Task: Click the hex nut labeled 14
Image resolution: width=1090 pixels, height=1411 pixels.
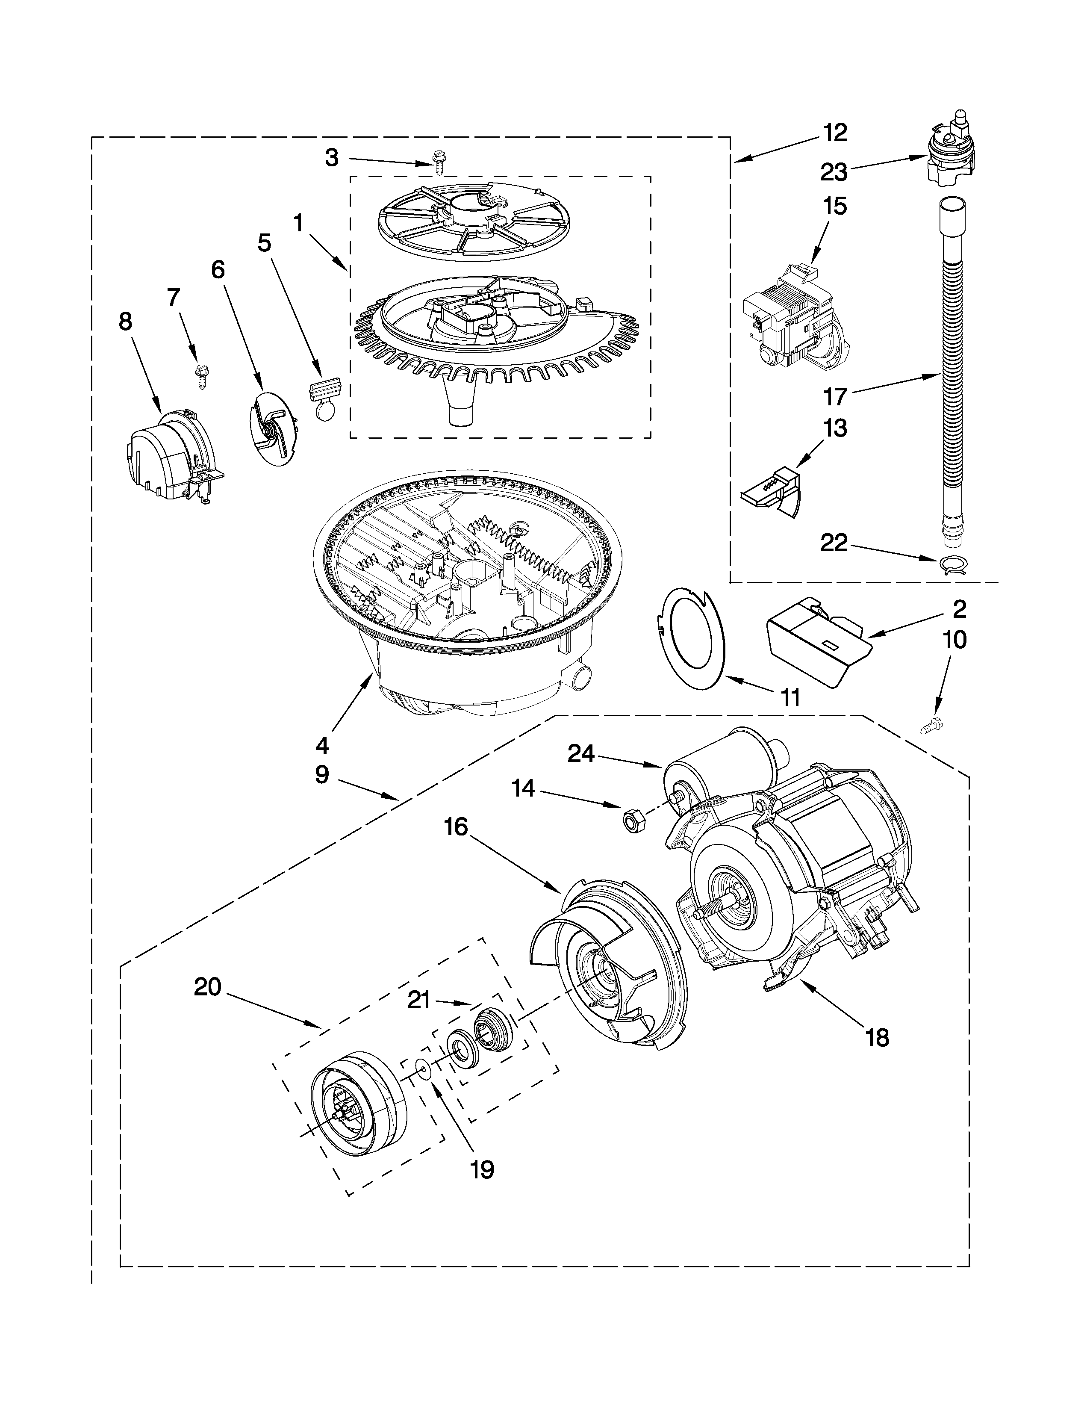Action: point(628,821)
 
